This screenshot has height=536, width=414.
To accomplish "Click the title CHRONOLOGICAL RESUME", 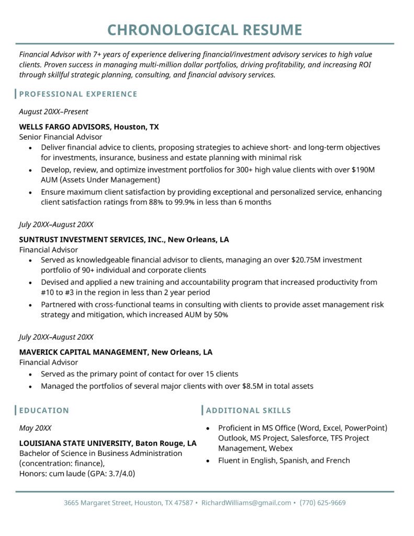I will tap(205, 30).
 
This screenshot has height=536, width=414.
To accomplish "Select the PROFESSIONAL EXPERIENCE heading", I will tap(78, 94).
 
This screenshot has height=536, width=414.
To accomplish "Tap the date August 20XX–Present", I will tap(53, 111).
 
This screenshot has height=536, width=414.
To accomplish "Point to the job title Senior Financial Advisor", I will tap(61, 137).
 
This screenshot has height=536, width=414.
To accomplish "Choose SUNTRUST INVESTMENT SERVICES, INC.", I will tap(92, 240).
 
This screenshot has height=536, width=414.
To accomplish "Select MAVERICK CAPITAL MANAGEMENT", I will tap(83, 352).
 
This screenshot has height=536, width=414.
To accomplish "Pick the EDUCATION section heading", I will tap(44, 410).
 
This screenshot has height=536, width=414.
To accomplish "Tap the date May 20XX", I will tap(35, 428).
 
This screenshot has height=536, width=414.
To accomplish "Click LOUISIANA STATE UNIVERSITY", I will tap(75, 443).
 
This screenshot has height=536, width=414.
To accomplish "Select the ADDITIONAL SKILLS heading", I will tap(249, 410).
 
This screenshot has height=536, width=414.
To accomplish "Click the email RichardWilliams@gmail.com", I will tap(246, 502).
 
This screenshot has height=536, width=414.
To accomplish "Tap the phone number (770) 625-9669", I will tap(323, 502).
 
